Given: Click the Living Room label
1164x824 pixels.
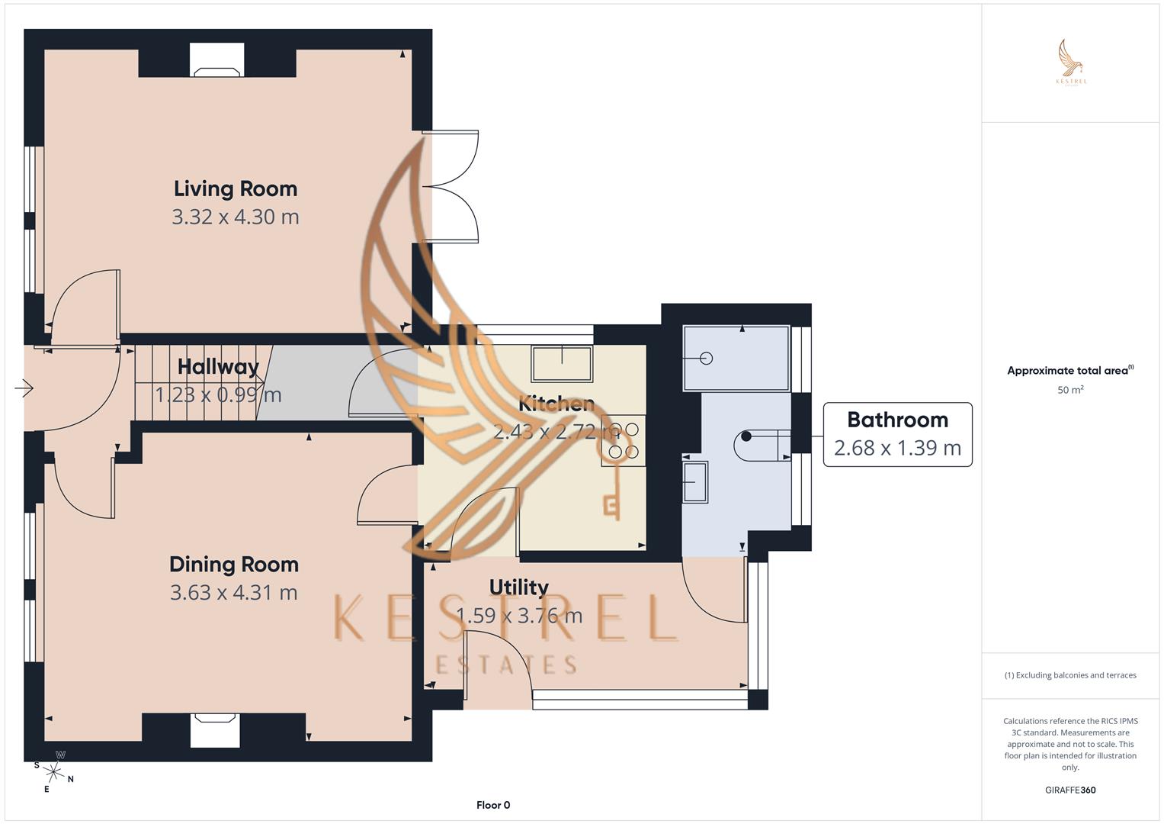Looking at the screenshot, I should [235, 188].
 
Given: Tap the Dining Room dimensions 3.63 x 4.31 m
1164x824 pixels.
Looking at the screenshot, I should [233, 593].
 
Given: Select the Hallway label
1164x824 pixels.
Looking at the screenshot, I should [218, 367].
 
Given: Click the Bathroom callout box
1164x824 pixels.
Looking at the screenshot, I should [897, 434].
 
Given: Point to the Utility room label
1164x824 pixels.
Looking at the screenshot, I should [518, 587].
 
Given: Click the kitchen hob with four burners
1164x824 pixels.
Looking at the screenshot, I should [624, 441].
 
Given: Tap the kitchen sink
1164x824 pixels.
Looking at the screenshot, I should [562, 363].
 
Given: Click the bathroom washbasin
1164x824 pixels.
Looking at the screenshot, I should [695, 481].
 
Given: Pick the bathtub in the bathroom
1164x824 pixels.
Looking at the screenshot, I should [736, 358].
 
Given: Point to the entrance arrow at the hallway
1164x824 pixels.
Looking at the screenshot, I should [24, 389].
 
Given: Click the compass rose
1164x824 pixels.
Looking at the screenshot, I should [53, 771].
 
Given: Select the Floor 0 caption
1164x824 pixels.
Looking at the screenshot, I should [493, 805].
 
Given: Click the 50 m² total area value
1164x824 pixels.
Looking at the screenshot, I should [1070, 390].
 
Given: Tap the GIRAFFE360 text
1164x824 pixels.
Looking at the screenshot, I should [1070, 790].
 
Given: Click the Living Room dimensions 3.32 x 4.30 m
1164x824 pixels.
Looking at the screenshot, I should [235, 217].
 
